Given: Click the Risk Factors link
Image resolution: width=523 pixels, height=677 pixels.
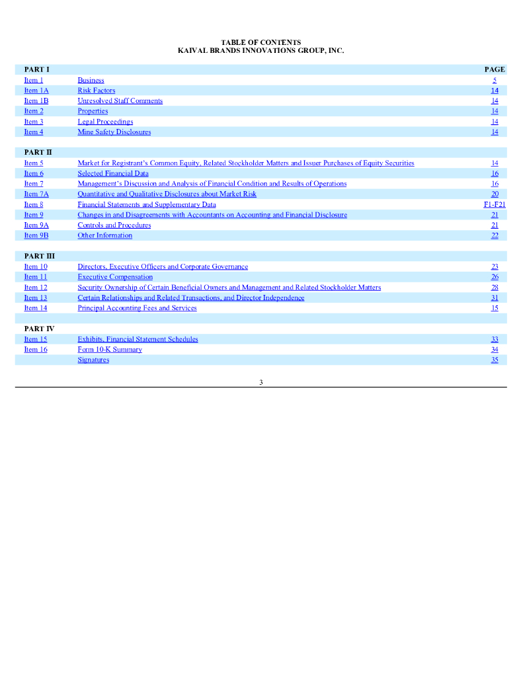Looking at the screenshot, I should point(97,91).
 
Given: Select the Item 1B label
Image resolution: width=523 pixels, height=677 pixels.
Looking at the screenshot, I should point(36,101).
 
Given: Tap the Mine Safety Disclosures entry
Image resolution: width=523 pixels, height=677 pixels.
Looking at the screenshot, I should point(114,132).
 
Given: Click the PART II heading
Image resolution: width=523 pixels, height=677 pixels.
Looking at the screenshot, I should point(38,153).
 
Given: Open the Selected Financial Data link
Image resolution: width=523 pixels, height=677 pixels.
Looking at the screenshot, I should point(113,173).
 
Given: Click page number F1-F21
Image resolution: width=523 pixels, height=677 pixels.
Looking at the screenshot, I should point(495,204).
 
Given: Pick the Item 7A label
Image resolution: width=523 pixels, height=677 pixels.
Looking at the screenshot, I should point(36,194).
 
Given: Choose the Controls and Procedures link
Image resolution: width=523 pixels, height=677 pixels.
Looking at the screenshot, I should point(114,225).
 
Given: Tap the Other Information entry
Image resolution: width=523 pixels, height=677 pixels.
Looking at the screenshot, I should point(105,235).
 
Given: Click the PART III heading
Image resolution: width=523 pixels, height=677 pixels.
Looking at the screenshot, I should point(39,256).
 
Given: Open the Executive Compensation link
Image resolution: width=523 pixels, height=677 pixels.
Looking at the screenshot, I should point(115,277).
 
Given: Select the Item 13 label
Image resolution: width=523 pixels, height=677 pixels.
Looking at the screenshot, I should point(36,298).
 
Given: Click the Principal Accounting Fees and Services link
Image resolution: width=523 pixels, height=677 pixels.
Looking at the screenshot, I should point(138,308).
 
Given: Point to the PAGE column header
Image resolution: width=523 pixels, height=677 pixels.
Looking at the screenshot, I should point(495,69).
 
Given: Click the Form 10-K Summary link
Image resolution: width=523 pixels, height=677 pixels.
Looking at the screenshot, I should point(110,350).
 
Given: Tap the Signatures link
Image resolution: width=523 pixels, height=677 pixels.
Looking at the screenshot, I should point(93,360).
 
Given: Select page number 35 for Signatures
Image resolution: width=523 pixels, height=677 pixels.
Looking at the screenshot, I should point(495,360).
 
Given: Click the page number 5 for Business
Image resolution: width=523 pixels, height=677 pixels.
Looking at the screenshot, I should point(495,81).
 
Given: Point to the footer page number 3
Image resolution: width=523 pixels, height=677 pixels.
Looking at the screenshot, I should point(261,382).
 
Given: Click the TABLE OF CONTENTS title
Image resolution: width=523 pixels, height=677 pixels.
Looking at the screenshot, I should point(261,42).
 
